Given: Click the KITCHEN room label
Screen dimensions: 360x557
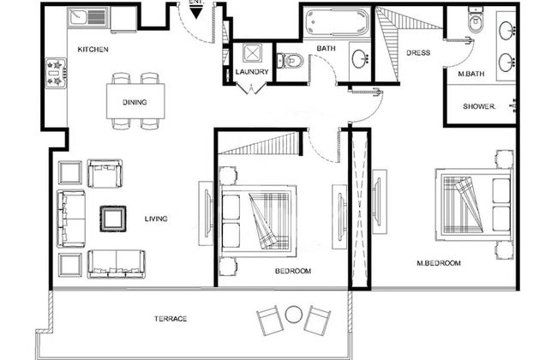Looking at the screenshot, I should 93,50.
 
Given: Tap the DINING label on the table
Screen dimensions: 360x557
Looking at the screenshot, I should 134,103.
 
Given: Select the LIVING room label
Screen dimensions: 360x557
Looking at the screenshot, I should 156,219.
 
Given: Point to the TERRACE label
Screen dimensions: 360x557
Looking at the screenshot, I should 171,319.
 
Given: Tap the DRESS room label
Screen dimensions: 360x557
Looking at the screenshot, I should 418,53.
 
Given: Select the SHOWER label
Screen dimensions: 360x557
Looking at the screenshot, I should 480,106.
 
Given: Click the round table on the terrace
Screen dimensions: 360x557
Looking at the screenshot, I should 295,314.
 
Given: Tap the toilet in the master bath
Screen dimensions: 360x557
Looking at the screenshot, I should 476,21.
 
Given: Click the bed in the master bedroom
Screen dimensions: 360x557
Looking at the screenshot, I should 471,203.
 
